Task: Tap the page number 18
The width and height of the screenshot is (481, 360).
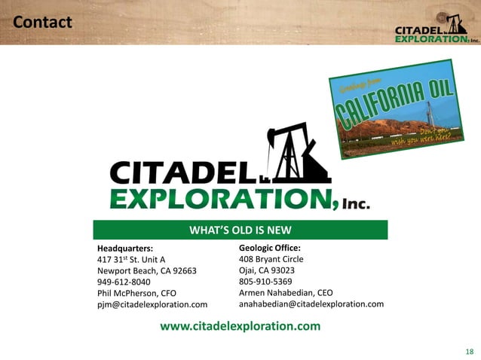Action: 470,351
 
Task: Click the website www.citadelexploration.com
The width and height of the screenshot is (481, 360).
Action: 240,326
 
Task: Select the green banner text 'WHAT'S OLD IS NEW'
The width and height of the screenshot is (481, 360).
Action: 240,230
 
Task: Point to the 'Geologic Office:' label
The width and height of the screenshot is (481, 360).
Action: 270,247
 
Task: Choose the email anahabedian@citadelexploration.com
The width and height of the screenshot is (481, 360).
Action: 311,304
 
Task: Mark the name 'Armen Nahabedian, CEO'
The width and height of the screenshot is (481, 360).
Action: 286,292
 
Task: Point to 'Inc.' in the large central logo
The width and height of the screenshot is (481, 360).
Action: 356,204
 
